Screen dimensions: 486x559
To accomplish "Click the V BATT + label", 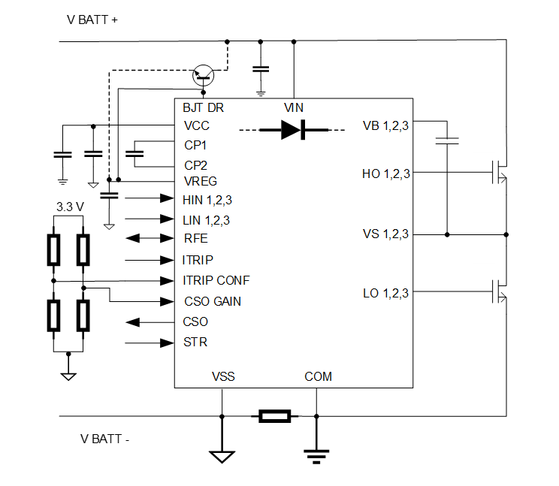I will pos(92,20).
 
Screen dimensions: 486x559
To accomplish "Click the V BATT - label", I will pos(104,439).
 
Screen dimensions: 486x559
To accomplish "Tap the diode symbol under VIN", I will pos(293,130).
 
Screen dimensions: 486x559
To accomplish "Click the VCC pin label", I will pos(196,125).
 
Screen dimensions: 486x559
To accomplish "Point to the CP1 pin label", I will pos(195,145).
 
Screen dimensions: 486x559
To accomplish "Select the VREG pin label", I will pos(200,182).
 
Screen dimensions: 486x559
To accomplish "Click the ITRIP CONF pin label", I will pos(216,280).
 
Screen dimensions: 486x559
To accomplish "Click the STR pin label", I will pos(195,343).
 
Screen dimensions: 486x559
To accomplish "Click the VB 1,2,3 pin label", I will pos(385,125).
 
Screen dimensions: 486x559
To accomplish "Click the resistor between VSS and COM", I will pos(274,415).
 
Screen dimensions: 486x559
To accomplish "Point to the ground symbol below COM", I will pos(316,453).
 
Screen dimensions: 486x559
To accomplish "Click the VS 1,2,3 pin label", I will pos(385,234).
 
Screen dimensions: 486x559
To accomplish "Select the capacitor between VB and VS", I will pos(447,140).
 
